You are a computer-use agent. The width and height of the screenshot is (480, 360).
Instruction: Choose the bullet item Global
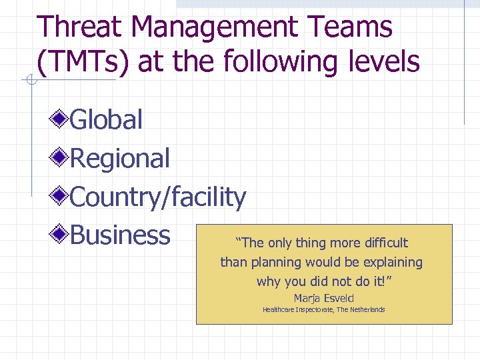(x=106, y=120)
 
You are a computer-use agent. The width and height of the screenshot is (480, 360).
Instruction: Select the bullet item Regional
(x=120, y=159)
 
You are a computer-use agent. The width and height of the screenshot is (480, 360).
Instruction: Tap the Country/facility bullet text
(x=158, y=197)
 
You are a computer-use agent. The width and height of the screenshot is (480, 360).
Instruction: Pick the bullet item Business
(x=120, y=235)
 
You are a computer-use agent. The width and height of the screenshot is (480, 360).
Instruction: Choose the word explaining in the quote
(x=391, y=262)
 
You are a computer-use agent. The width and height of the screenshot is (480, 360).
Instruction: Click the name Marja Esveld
(x=324, y=298)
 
